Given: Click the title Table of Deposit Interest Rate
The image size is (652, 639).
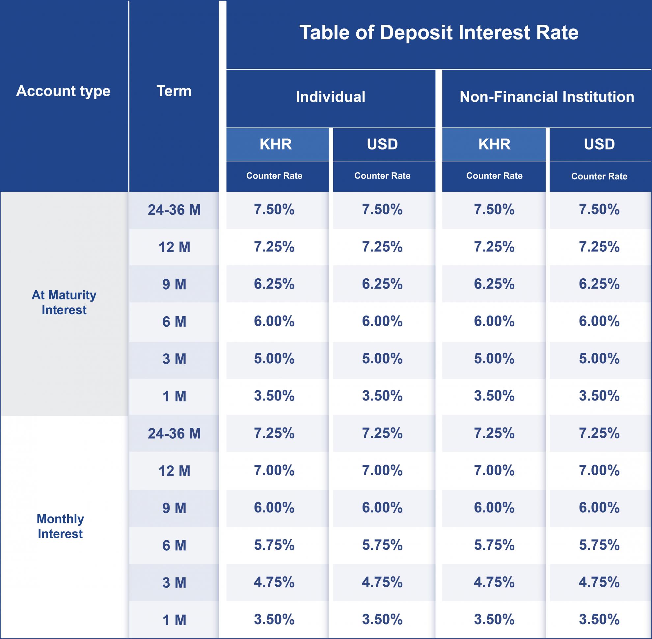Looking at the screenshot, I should coord(439,33).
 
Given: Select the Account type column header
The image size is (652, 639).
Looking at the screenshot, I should coord(63,91).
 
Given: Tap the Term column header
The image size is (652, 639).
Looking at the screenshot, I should coord(174,91).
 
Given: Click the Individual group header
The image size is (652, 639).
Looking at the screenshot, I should coord(330,97).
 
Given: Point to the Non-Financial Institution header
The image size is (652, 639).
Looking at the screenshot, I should coord(547,97).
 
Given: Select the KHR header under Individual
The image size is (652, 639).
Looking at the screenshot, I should coord(276,144).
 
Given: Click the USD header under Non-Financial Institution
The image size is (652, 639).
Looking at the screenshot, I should coord(599,144).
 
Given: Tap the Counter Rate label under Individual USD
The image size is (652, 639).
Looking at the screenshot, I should coord(382,176).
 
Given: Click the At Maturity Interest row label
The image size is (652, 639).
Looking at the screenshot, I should coord(64,302).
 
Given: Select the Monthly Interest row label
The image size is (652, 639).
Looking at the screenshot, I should coord(60,526).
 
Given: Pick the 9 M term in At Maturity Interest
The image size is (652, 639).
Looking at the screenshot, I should coord(174,285).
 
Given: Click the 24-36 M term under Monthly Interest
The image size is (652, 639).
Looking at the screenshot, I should coord(174,433).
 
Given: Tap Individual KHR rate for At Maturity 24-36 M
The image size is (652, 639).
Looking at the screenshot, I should coord(274,209).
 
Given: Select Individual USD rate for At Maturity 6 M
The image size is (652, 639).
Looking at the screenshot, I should coord(382,321).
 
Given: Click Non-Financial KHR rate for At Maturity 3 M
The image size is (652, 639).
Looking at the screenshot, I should coord(494,358).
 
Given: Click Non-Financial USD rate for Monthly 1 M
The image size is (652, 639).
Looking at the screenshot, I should coord(599,619).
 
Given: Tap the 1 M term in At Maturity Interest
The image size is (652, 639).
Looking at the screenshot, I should coord(174,396).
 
